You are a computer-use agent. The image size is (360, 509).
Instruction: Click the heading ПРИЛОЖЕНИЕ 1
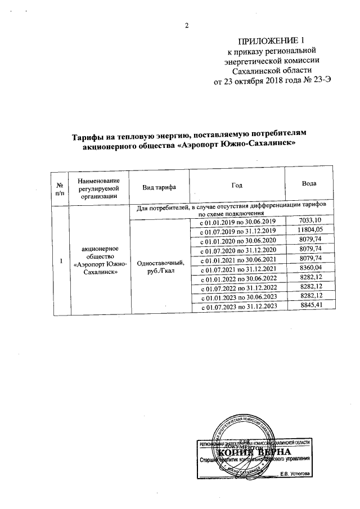(271, 41)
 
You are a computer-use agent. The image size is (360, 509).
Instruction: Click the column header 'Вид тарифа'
(159, 186)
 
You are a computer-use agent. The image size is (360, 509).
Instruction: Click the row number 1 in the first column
(60, 260)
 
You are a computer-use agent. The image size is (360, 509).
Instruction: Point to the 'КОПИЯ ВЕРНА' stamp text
(254, 452)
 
